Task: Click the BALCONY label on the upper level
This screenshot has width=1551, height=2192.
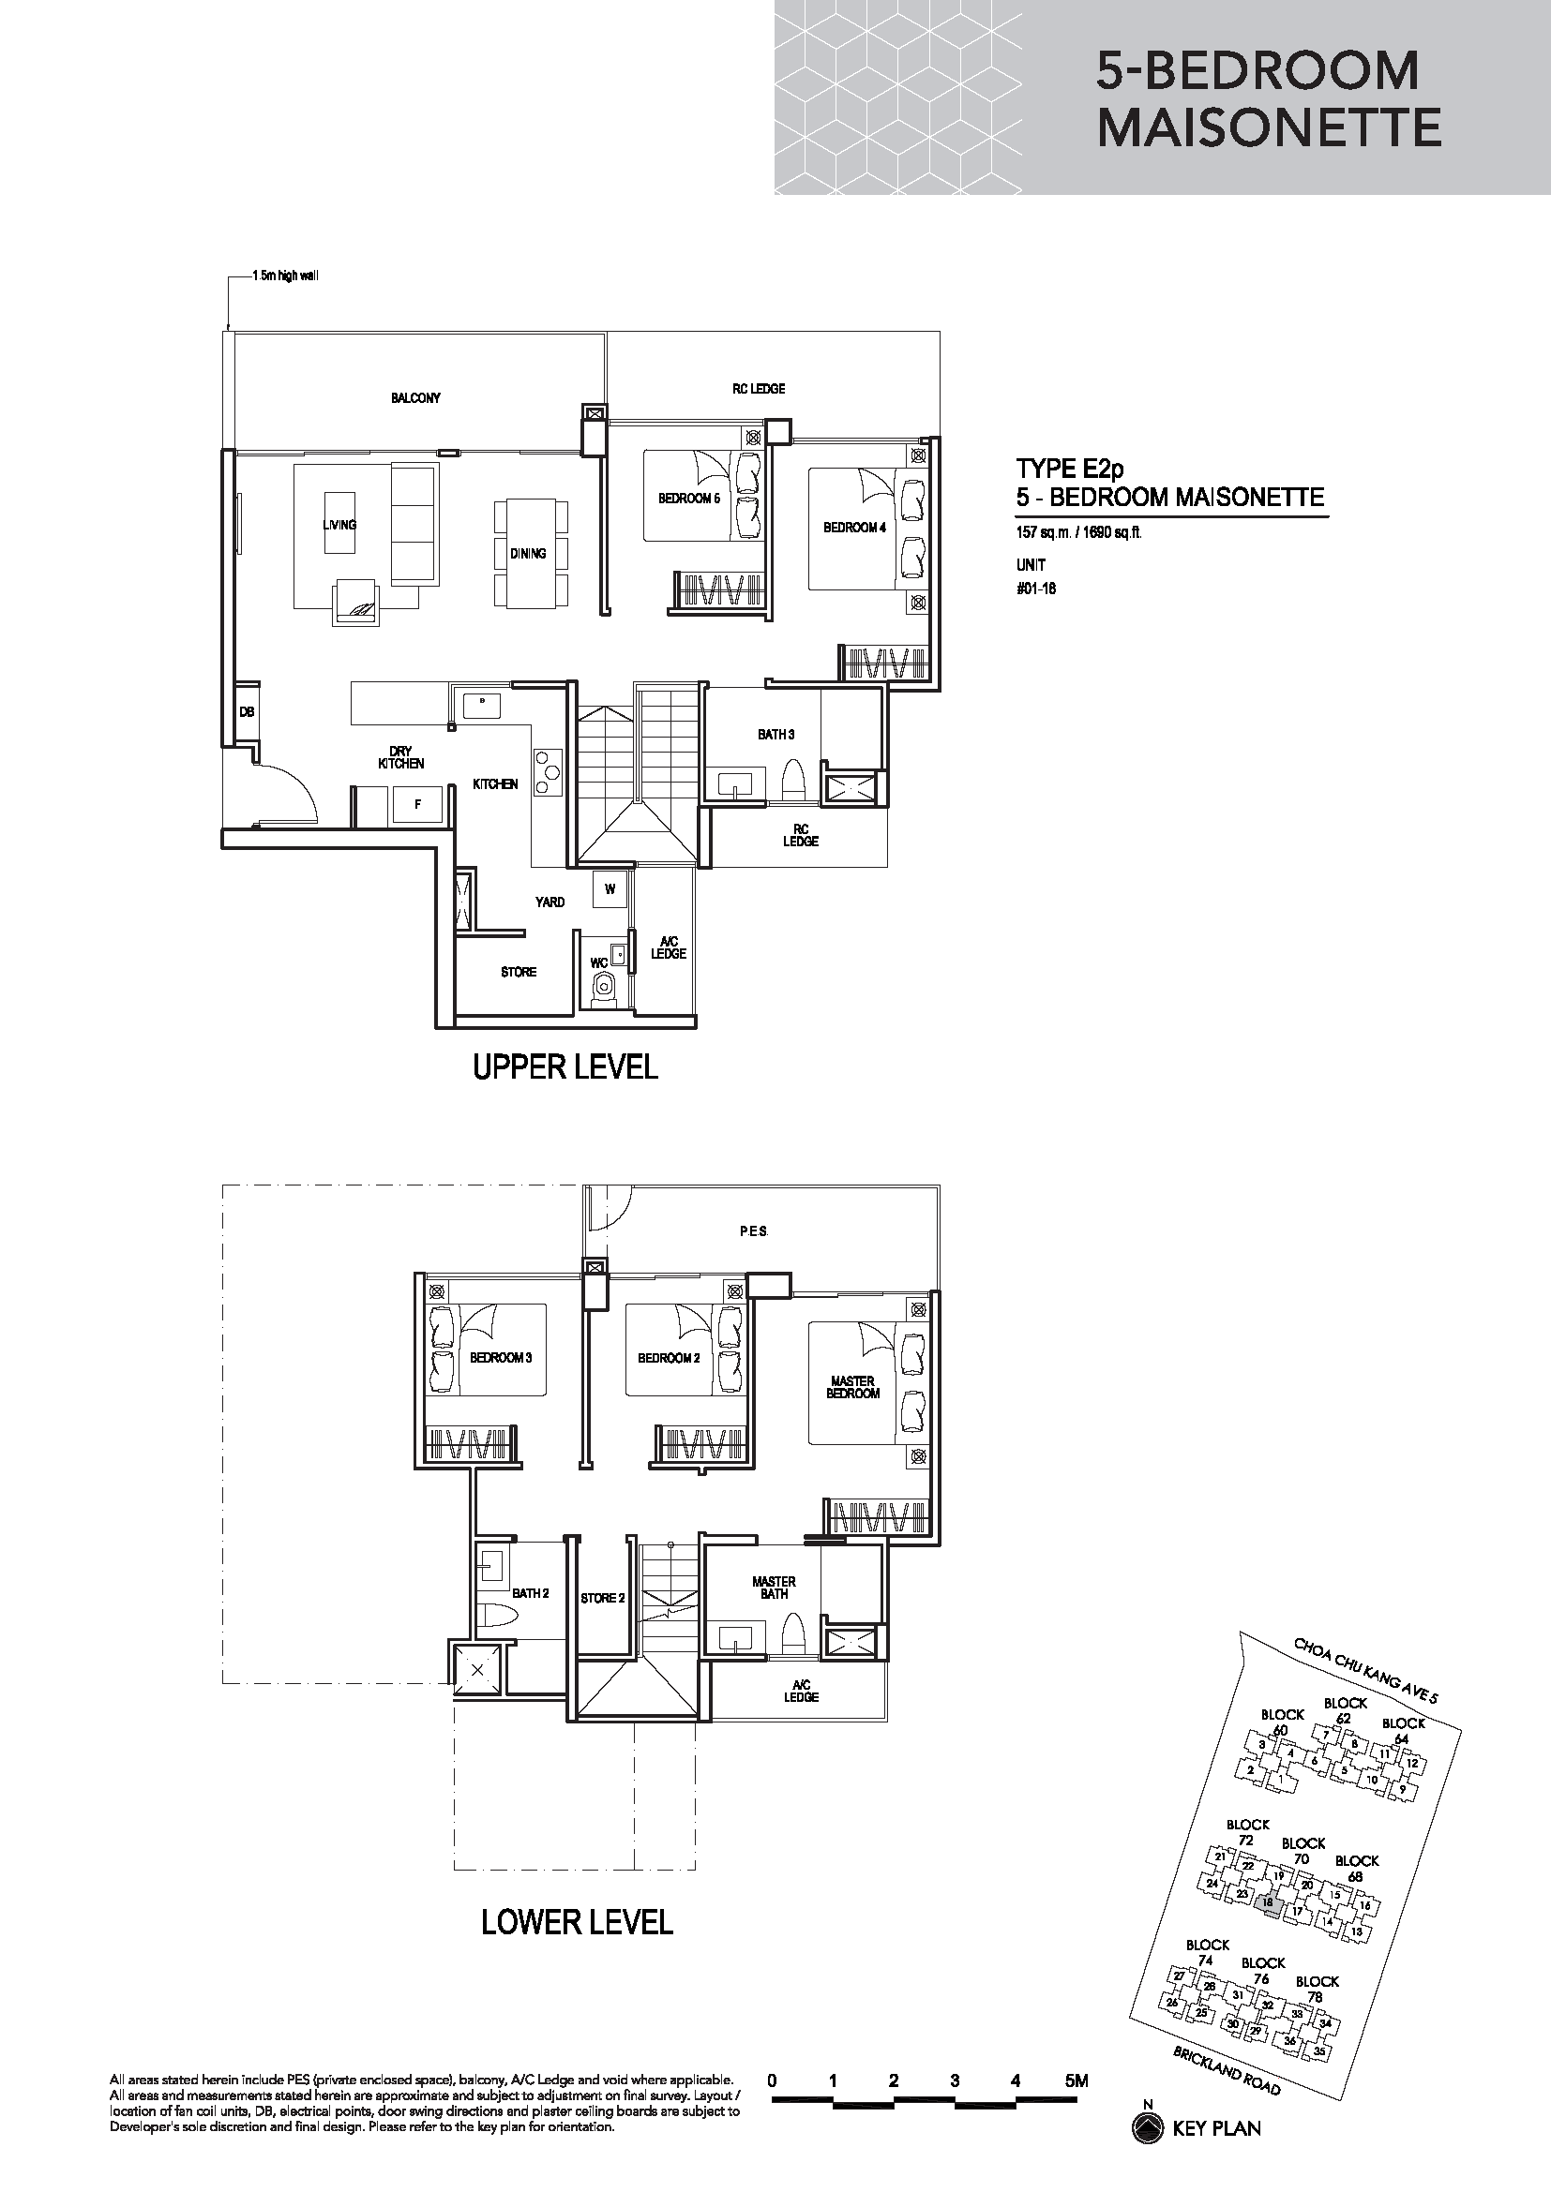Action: pos(415,398)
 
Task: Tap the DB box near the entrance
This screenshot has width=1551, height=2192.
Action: pos(247,712)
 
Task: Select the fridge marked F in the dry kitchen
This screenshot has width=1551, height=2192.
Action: pos(418,804)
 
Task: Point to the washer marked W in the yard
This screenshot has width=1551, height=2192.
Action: pos(610,888)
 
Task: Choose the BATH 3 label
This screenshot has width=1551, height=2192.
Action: pos(775,734)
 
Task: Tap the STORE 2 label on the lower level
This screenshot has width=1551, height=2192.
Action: pos(603,1598)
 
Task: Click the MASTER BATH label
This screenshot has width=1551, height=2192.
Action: pos(774,1588)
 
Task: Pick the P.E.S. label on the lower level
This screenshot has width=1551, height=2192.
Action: pos(754,1231)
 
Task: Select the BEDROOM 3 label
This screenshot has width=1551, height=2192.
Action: pos(501,1358)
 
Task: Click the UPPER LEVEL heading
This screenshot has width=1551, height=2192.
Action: pos(565,1067)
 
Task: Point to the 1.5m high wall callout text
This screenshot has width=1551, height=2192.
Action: pos(285,276)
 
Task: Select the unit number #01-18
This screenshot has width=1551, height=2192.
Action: pos(1035,589)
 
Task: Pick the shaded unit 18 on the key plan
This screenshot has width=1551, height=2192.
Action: pos(1269,1904)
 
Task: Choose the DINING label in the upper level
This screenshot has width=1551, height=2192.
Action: pos(527,554)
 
